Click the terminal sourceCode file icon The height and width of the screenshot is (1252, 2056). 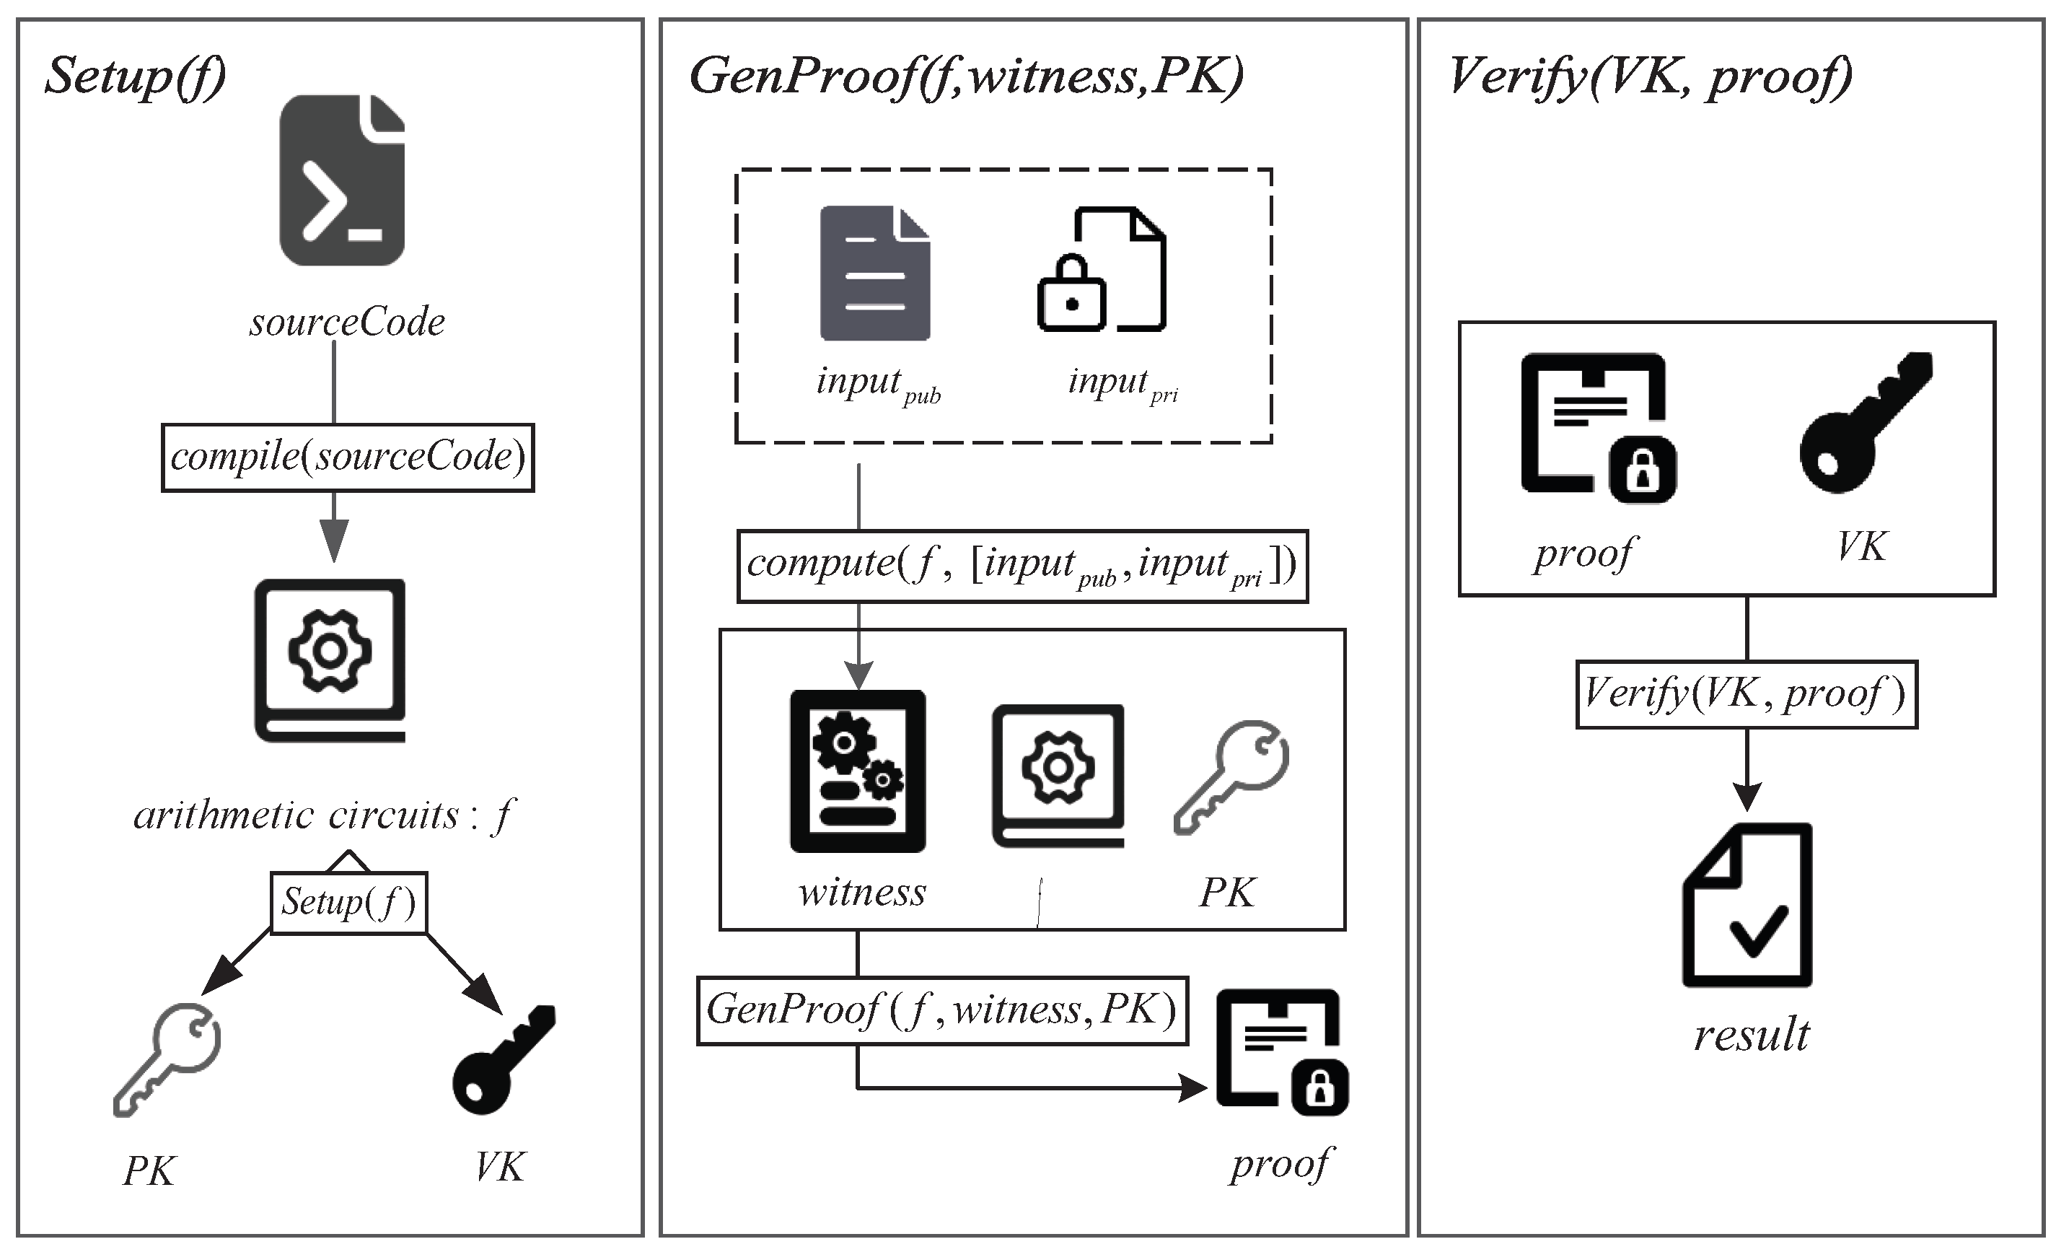(x=342, y=180)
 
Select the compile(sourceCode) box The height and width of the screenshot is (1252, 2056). (x=347, y=458)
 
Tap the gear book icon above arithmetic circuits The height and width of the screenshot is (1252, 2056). (x=330, y=660)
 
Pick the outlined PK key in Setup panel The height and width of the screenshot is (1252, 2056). (x=167, y=1059)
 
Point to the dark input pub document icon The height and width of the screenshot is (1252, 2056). (x=874, y=273)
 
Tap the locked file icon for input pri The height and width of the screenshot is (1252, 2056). (x=1101, y=270)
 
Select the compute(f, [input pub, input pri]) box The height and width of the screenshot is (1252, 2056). (x=1022, y=565)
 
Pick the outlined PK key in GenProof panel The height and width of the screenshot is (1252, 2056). (x=1231, y=776)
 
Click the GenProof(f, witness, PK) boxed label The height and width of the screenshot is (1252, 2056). (x=942, y=1010)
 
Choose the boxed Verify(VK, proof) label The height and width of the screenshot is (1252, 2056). (x=1746, y=694)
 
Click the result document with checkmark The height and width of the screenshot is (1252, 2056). (x=1747, y=905)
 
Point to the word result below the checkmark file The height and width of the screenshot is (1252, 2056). (x=1751, y=1035)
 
